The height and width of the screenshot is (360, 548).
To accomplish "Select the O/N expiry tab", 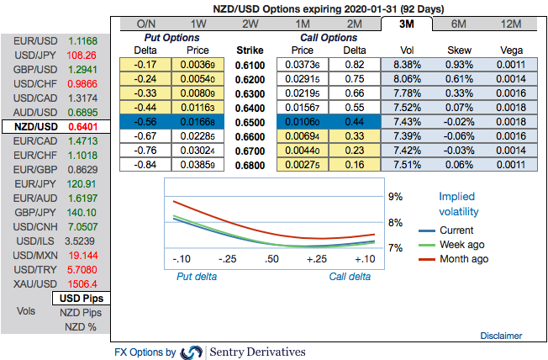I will coord(145,24).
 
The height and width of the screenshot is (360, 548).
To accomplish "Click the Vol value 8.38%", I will coord(407,66).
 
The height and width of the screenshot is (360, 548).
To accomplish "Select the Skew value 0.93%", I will coord(460,66).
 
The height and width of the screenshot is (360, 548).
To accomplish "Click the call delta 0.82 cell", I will coord(355,66).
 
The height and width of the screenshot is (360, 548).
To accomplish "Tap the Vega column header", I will coord(512,51).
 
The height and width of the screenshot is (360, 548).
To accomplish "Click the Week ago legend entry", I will coord(458,245).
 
